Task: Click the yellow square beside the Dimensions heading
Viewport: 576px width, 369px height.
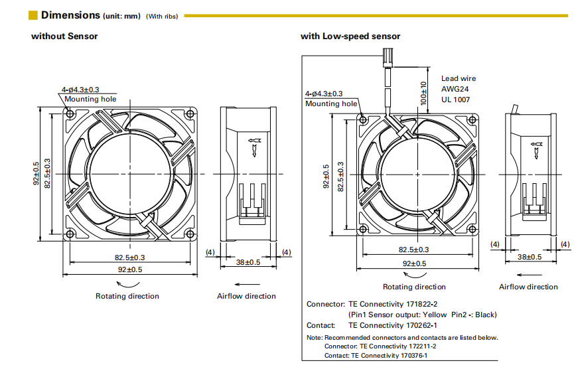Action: [33, 15]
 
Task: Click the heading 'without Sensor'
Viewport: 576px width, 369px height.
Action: [64, 36]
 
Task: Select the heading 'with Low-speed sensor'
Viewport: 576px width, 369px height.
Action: [350, 36]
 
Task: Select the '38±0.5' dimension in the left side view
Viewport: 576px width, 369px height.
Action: [249, 262]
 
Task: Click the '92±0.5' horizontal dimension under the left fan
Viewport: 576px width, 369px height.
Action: [129, 269]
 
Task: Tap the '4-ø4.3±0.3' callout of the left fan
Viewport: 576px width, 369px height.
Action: [81, 90]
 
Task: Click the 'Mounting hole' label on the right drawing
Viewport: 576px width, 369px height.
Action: [332, 104]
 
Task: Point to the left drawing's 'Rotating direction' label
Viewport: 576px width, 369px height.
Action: [127, 296]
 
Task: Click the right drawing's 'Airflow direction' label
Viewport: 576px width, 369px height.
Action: [528, 287]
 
